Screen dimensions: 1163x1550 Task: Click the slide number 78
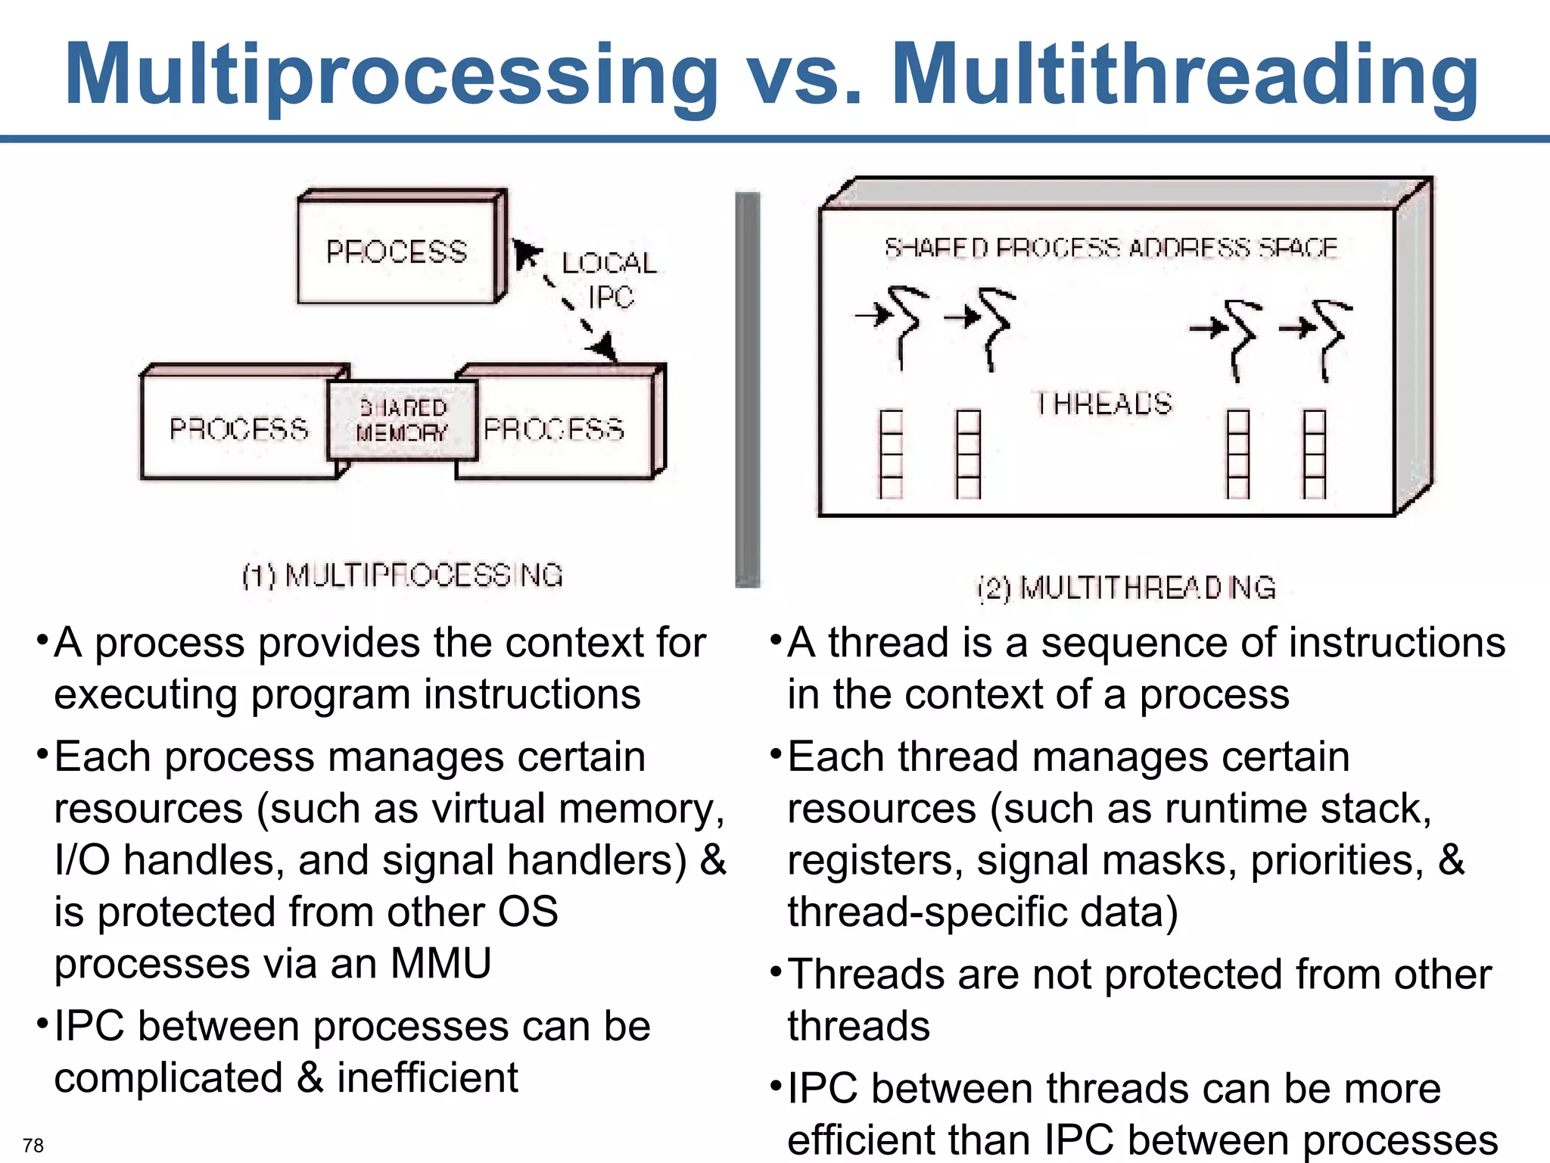click(x=33, y=1145)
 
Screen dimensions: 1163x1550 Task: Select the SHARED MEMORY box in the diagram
click(x=403, y=421)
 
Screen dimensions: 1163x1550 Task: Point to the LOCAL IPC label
click(x=609, y=280)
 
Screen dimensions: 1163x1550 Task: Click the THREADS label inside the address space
click(x=1103, y=404)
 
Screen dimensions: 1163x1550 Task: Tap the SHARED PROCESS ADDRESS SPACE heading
click(x=1110, y=248)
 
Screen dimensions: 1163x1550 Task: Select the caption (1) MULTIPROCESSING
click(x=403, y=575)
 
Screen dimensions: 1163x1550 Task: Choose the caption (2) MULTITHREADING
click(x=1126, y=588)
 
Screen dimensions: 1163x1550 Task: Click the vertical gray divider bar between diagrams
click(x=747, y=390)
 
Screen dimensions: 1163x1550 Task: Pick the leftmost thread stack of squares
click(x=892, y=454)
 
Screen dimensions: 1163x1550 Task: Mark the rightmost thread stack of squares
click(x=1315, y=454)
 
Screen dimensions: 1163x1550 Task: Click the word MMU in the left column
click(x=440, y=963)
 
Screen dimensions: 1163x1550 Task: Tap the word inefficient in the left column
click(x=428, y=1077)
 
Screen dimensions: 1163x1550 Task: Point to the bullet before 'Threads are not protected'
click(x=775, y=971)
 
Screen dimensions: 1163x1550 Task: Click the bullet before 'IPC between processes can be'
click(x=42, y=1024)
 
